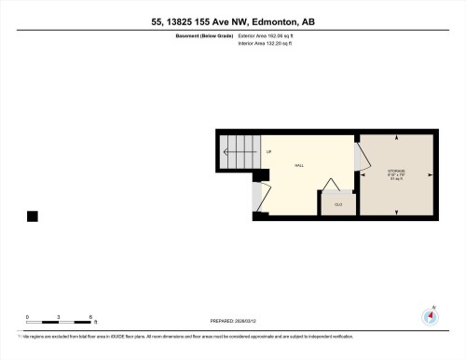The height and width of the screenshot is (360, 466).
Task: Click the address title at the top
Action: [x=232, y=21]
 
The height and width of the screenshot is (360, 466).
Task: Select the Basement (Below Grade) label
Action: [x=203, y=35]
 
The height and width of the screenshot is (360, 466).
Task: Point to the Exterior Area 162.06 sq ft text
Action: [x=273, y=35]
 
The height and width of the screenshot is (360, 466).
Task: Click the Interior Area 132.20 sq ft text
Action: [x=272, y=43]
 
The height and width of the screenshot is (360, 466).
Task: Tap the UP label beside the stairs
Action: [x=268, y=151]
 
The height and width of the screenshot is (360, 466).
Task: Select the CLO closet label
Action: [x=338, y=203]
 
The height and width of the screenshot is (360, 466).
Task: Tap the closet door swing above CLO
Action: [x=328, y=184]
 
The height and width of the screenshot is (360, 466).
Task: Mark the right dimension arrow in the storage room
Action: [x=430, y=174]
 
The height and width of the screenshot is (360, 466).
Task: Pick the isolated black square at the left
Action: [x=33, y=216]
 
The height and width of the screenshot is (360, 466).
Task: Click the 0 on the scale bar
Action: [x=27, y=317]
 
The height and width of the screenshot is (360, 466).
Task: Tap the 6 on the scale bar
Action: [x=90, y=317]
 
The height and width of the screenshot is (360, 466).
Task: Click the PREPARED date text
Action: [x=232, y=321]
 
